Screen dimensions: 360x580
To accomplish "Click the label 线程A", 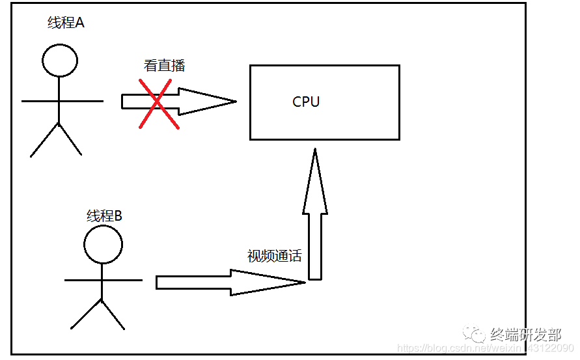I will pos(66,23).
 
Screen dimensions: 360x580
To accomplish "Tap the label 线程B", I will pos(104,216).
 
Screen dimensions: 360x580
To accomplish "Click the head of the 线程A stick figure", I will pos(60,61).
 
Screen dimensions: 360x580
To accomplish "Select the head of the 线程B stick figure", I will pos(103,245).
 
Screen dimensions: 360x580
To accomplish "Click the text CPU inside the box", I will pos(306,102).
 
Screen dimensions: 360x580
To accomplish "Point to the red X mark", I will pos(159,104).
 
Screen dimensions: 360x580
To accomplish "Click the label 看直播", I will pos(165,66).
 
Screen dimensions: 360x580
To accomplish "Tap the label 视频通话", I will pos(274,256).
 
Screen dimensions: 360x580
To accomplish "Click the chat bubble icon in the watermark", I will pos(473,334).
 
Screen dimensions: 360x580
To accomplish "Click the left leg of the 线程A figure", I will pos(45,140).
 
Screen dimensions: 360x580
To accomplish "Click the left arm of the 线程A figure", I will pos(40,101).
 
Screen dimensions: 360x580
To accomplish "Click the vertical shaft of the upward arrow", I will pos(315,247).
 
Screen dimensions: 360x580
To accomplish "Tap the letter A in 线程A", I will pos(80,23).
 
